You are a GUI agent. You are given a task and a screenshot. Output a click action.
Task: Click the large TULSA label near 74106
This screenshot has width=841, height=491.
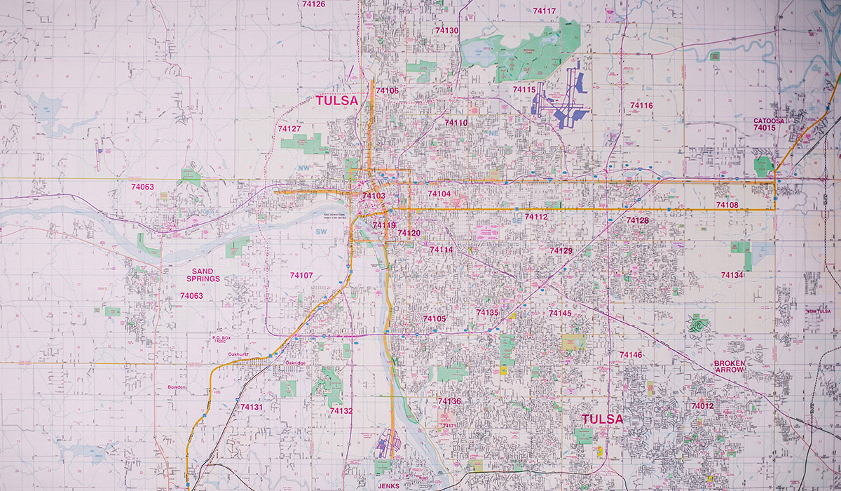[x=336, y=101]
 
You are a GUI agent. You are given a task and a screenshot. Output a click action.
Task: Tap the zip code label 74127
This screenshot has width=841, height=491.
[x=289, y=129]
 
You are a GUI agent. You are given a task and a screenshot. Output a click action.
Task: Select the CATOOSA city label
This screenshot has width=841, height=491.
[x=770, y=121]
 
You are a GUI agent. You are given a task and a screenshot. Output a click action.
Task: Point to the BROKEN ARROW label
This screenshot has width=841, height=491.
[x=730, y=366]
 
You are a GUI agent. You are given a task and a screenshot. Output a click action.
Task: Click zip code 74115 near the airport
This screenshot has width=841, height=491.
[x=524, y=90]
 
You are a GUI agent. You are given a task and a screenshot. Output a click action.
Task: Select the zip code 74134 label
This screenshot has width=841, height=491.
[x=732, y=275]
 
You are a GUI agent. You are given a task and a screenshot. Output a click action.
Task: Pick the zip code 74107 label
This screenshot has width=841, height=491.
[x=301, y=275]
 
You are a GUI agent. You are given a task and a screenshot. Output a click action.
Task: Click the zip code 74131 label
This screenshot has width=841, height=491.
[x=251, y=407]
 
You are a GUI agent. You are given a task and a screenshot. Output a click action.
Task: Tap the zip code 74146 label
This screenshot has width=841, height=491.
[x=630, y=355]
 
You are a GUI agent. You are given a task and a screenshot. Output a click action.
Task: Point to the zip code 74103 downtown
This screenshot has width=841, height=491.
[x=374, y=196]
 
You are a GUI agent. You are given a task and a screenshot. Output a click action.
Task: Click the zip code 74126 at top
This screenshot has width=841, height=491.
[x=313, y=4]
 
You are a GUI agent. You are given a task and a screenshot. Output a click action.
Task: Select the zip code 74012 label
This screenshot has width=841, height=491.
[x=702, y=406]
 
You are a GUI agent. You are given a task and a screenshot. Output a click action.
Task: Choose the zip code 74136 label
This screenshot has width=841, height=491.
[x=449, y=401]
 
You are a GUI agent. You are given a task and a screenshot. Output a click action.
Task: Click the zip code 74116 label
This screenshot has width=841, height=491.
[x=641, y=105]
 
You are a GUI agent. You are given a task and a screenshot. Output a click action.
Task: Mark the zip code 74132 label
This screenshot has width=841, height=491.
[x=341, y=411]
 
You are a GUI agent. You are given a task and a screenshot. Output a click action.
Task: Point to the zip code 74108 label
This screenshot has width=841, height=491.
[x=727, y=205]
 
